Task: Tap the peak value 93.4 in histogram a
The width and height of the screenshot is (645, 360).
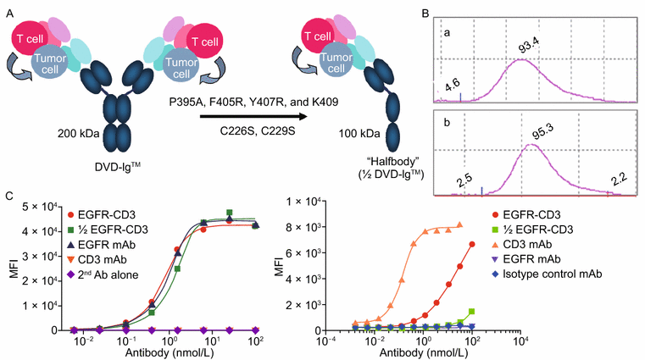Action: (518, 44)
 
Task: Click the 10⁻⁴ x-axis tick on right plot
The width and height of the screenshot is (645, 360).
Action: (322, 341)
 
